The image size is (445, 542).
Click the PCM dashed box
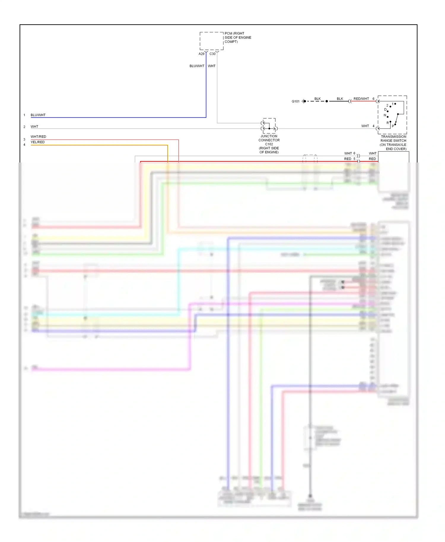click(x=211, y=41)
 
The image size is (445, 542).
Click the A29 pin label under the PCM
click(x=201, y=54)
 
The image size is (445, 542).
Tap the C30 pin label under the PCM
click(x=212, y=54)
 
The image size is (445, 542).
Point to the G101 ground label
click(x=295, y=101)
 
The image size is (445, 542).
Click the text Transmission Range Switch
click(x=393, y=139)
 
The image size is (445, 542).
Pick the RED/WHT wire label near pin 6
click(x=361, y=99)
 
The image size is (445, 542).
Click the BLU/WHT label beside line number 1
click(x=38, y=115)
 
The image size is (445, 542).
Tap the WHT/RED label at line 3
click(x=38, y=137)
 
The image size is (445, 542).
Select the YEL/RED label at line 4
click(x=38, y=142)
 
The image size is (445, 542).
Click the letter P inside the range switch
click(x=393, y=126)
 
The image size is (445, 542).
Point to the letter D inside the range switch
click(x=385, y=110)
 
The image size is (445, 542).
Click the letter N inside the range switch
click(x=385, y=115)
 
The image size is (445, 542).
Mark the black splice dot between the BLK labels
click(x=327, y=101)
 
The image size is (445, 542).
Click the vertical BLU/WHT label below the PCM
click(x=197, y=66)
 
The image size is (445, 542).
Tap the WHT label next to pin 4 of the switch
click(x=365, y=126)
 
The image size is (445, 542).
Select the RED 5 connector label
click(x=349, y=159)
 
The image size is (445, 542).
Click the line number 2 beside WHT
click(x=24, y=127)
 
